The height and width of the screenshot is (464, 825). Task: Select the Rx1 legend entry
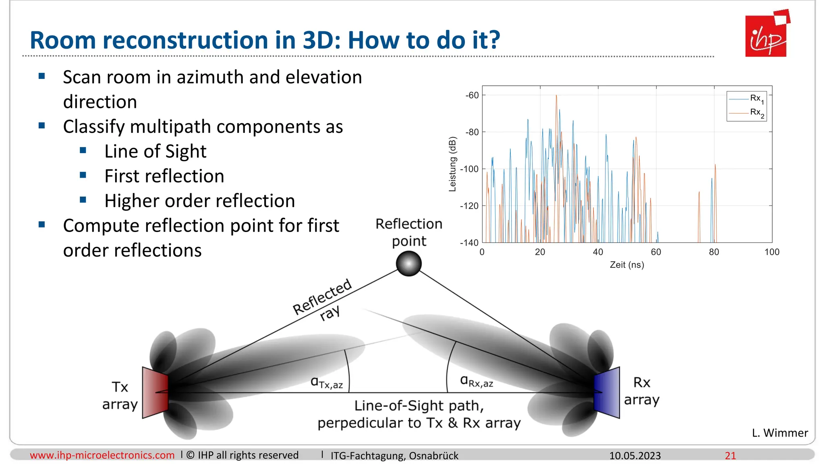tap(746, 99)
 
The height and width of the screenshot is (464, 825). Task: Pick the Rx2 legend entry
tap(746, 113)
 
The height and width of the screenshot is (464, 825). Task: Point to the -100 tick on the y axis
tap(470, 169)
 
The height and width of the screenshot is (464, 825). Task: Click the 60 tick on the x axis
tap(656, 252)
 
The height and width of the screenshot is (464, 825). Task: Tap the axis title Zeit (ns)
tap(627, 265)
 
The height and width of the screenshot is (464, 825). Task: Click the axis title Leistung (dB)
tap(453, 164)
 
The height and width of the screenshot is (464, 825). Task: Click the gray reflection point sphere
tap(408, 264)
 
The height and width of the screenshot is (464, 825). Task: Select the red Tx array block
tap(155, 392)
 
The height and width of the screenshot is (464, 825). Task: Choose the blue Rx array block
tap(607, 392)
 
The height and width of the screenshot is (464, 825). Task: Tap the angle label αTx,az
tap(327, 382)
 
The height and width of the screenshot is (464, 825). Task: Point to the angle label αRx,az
tap(477, 381)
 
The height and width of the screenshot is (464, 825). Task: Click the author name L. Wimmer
tap(779, 433)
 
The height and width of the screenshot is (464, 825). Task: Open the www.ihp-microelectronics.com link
tap(102, 455)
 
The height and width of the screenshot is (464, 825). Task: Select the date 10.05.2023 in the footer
tap(635, 456)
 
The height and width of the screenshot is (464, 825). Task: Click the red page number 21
tap(730, 456)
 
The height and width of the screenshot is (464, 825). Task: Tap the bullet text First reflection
tap(164, 176)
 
